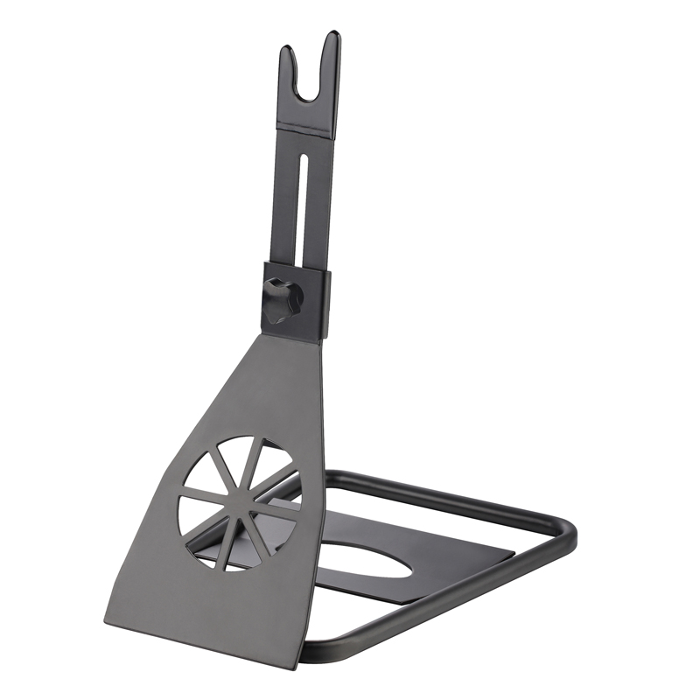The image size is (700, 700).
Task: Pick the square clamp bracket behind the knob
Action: pyautogui.click(x=315, y=302)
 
